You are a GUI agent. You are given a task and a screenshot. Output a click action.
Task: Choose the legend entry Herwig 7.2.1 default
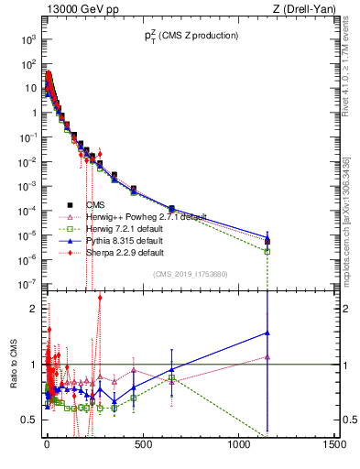tap(124, 228)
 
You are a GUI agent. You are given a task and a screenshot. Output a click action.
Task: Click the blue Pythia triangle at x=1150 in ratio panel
tap(267, 333)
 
